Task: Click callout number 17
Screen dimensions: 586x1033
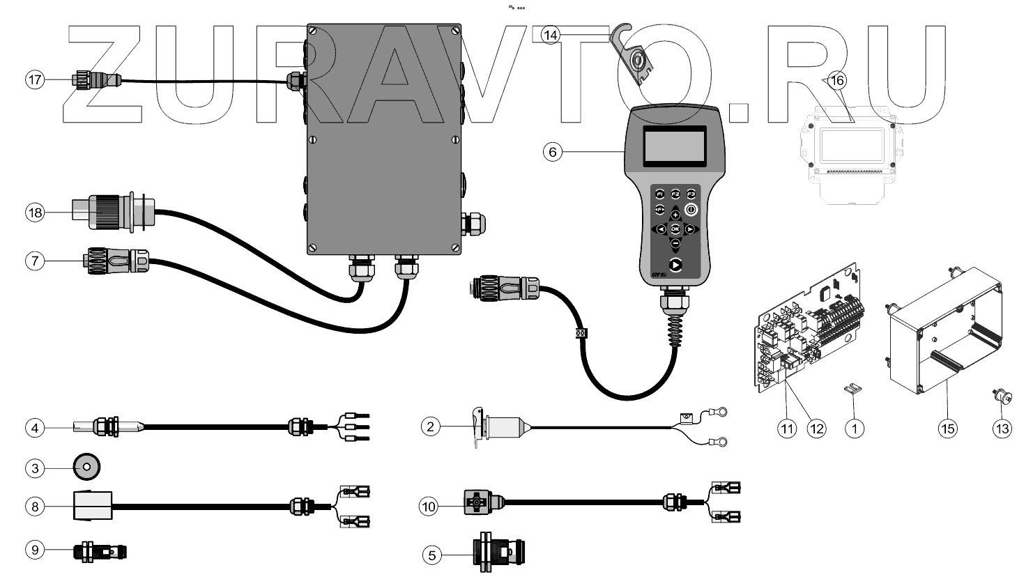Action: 35,79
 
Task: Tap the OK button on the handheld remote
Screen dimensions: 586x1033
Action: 675,229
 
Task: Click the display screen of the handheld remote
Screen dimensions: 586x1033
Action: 673,146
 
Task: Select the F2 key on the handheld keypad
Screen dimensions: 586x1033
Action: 675,194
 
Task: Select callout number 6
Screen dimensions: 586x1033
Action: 552,151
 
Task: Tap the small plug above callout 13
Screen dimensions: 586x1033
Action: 1003,398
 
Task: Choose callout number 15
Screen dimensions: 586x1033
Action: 948,429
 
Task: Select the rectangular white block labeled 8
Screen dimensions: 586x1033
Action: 91,506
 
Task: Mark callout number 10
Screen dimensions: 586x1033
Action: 429,506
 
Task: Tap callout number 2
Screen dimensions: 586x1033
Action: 431,426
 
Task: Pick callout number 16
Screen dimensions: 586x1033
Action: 837,81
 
